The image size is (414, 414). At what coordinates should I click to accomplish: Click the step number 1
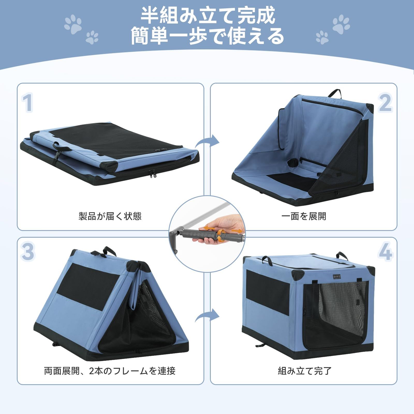click(x=27, y=103)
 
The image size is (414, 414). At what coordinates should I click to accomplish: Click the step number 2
click(x=385, y=103)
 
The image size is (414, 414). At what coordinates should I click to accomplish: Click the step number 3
click(x=27, y=251)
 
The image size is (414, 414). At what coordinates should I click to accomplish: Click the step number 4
click(x=385, y=251)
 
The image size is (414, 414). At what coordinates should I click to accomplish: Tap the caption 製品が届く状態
click(x=110, y=216)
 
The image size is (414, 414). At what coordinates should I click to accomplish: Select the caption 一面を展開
click(x=304, y=216)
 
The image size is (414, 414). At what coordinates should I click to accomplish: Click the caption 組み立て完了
click(x=305, y=371)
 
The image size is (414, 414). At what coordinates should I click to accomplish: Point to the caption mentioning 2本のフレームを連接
click(x=110, y=371)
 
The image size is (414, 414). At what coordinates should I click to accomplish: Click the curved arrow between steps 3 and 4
click(x=207, y=316)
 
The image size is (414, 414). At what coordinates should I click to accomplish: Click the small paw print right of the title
click(x=322, y=38)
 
